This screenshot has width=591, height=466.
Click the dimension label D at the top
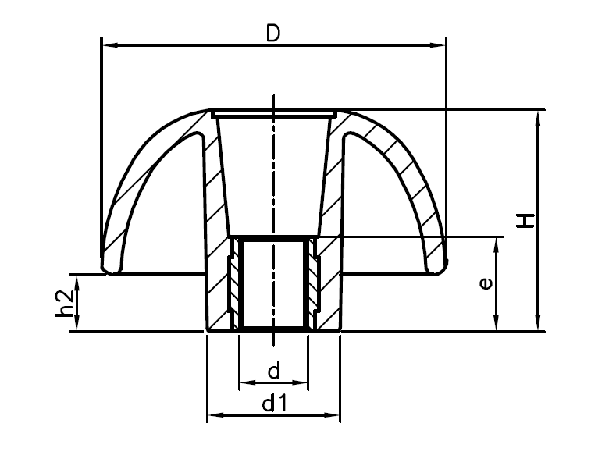tap(273, 33)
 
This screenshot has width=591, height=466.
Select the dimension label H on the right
tap(528, 220)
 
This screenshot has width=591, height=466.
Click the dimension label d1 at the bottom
tap(273, 403)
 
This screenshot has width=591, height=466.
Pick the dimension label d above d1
tap(273, 372)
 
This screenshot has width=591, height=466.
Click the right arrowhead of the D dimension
tap(439, 46)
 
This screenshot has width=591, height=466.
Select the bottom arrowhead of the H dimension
tap(537, 324)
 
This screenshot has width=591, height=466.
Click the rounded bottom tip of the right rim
tap(436, 269)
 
